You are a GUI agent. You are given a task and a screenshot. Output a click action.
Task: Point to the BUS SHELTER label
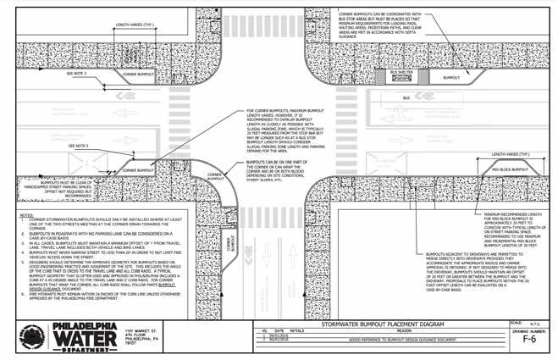point(400,73)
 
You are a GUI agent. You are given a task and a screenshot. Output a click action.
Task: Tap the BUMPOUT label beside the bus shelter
point(454,78)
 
